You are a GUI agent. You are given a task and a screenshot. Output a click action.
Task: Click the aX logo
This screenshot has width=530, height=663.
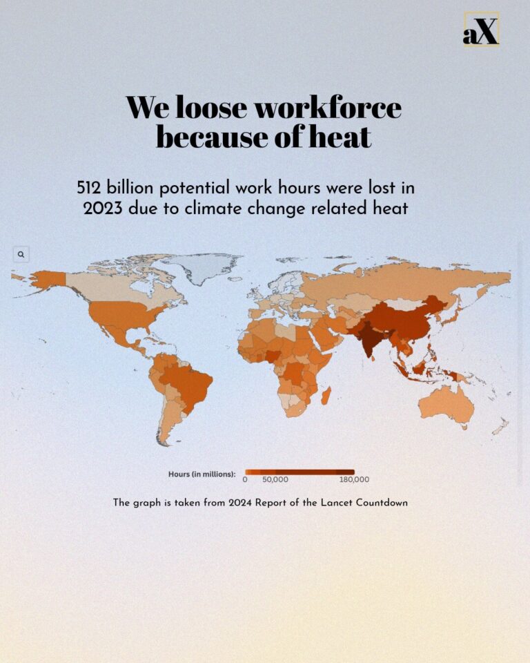point(480,30)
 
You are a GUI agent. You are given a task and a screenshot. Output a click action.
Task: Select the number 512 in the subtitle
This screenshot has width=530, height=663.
point(91,188)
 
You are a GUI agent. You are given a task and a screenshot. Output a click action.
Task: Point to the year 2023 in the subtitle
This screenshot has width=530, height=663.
point(103,208)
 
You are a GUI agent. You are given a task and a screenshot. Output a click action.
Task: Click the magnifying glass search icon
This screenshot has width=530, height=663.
point(21,254)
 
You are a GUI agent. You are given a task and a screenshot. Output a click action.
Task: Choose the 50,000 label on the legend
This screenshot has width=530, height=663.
point(275,479)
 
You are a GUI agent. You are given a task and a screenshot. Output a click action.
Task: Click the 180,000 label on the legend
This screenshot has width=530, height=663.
point(354,479)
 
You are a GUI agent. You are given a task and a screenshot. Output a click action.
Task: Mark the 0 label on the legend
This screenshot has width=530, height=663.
point(245,479)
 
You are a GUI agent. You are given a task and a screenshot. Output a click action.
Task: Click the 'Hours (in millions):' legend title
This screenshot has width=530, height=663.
point(202,474)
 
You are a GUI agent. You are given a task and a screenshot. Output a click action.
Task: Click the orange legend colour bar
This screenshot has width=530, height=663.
point(300,472)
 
